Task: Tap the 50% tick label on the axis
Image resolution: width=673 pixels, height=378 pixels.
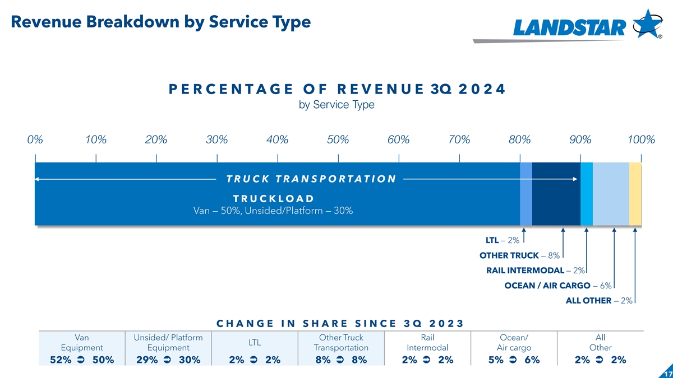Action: (338, 140)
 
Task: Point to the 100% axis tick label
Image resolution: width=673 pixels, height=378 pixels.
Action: (641, 140)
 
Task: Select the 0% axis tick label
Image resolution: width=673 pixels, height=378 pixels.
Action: (35, 140)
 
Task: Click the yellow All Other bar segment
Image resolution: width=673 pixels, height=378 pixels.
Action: (635, 194)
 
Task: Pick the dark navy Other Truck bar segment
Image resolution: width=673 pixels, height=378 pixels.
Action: (556, 194)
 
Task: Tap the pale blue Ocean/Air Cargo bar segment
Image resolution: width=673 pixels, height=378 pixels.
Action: (611, 194)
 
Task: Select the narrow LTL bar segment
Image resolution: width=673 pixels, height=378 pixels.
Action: (526, 194)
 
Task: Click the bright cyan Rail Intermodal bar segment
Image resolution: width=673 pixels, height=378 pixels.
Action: (587, 194)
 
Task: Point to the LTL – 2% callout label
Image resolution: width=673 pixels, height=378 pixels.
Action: (502, 241)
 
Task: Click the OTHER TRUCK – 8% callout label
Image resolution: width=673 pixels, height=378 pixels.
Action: (519, 256)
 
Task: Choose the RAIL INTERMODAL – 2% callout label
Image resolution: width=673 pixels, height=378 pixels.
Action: (535, 271)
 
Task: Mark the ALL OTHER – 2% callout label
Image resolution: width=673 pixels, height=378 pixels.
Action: (599, 301)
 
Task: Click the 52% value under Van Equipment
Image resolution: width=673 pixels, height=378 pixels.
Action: (61, 360)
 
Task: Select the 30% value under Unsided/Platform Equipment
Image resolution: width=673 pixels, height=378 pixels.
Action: (189, 360)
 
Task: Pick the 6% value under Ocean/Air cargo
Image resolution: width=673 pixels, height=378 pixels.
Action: (531, 360)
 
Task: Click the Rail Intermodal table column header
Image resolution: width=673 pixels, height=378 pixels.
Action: (428, 343)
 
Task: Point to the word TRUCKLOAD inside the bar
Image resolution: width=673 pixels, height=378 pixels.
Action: (273, 199)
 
